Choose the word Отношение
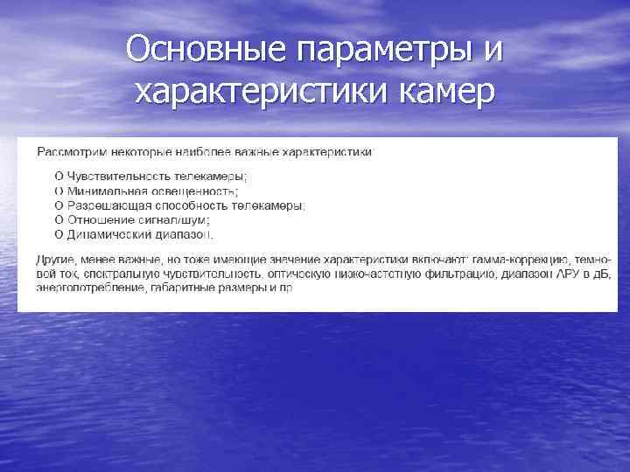point(97,220)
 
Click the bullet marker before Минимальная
point(59,191)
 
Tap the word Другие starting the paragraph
point(55,260)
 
